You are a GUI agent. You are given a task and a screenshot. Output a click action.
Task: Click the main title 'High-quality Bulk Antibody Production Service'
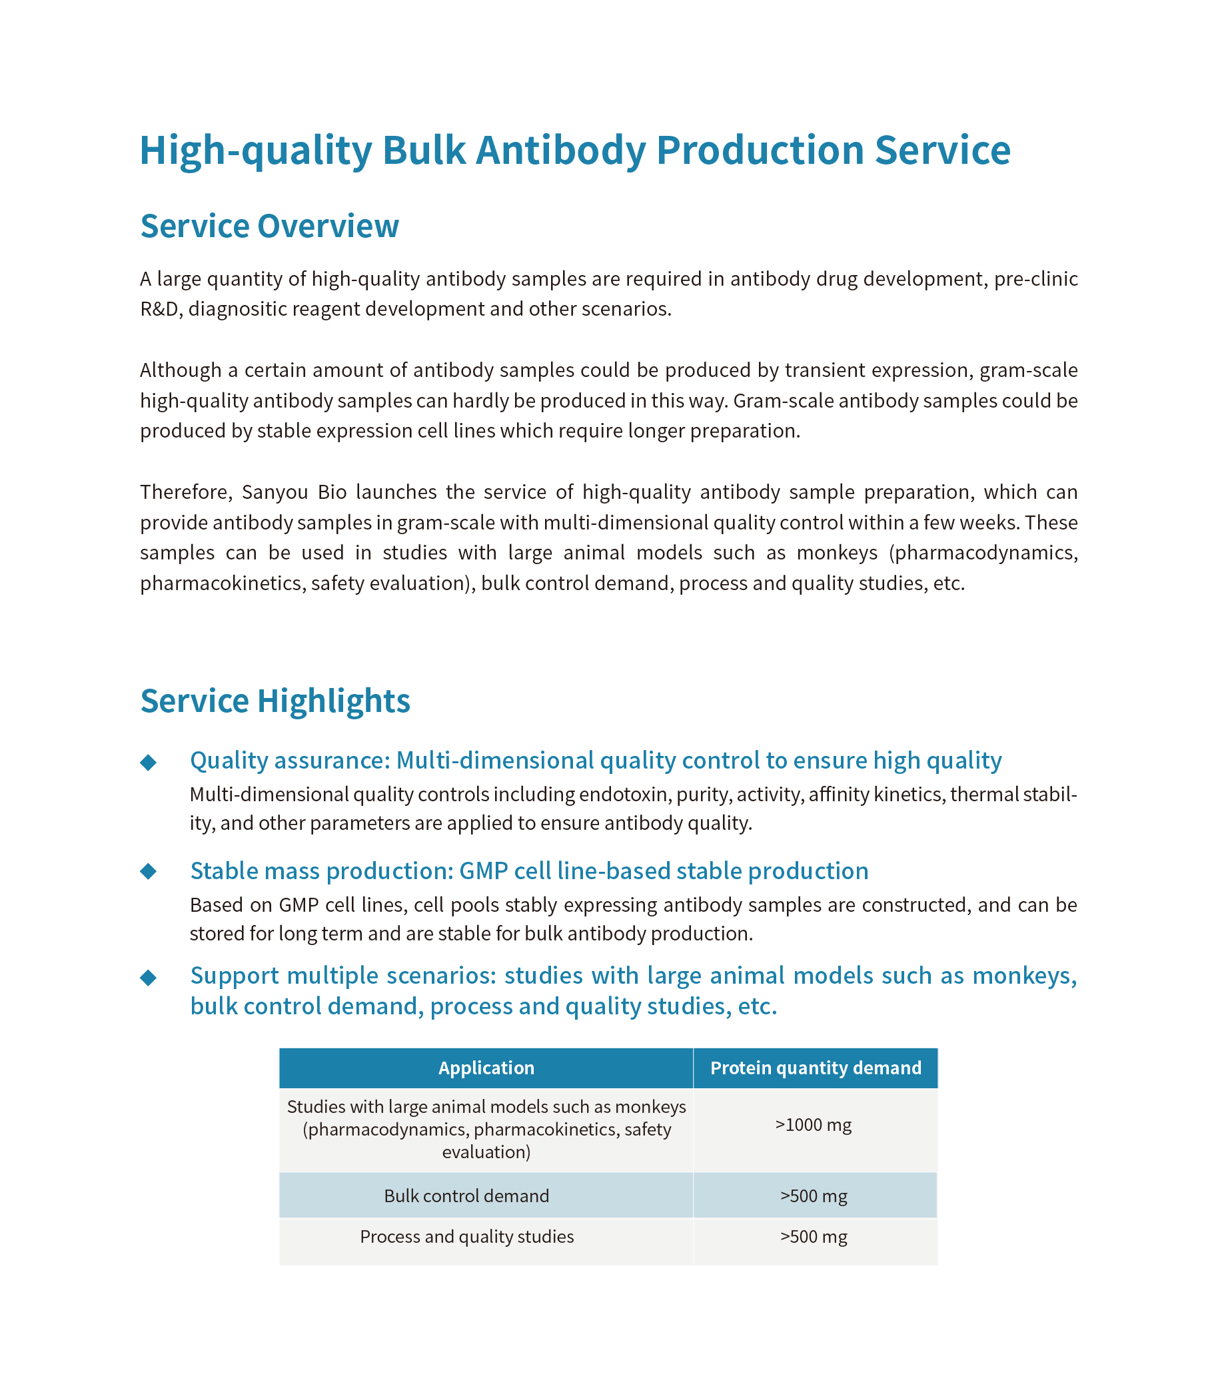[574, 149]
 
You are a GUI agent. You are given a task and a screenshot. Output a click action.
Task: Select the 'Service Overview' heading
[269, 226]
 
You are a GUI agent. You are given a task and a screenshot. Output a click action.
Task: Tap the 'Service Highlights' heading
[275, 701]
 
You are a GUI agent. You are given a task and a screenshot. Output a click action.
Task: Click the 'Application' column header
[486, 1068]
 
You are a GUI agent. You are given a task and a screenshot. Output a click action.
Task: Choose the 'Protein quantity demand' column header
[815, 1068]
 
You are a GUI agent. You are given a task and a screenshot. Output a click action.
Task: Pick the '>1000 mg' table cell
[813, 1124]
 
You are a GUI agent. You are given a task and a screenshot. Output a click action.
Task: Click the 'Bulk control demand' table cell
[466, 1196]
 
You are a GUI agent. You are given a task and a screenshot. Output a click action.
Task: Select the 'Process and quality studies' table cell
[466, 1236]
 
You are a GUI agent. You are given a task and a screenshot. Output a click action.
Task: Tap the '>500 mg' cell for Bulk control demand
[813, 1196]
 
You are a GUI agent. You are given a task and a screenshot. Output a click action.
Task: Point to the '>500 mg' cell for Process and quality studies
[813, 1236]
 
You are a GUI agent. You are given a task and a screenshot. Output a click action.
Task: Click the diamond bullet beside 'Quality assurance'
[148, 763]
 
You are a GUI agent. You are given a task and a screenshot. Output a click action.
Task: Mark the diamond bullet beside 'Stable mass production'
[148, 872]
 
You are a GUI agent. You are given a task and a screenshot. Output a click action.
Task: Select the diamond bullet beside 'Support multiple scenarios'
[148, 977]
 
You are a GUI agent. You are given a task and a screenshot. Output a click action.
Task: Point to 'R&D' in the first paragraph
[160, 309]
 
